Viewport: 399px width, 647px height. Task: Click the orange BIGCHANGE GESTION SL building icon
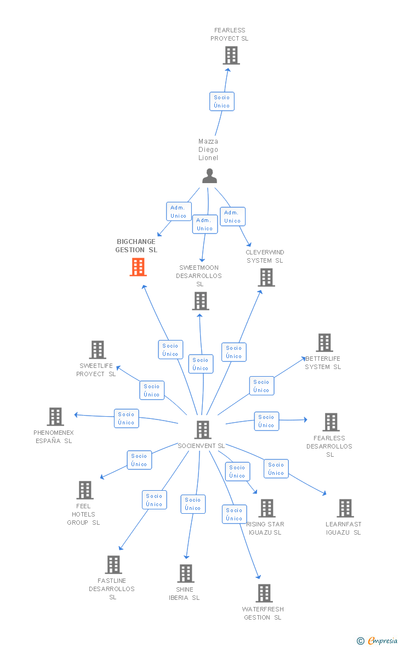click(138, 267)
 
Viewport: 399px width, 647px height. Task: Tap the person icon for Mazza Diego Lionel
click(209, 176)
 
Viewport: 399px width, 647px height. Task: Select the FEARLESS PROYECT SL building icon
click(231, 55)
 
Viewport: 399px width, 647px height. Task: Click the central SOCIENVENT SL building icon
click(203, 430)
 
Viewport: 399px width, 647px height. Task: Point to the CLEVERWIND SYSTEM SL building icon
click(266, 277)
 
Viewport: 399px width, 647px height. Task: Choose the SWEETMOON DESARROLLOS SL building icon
click(201, 301)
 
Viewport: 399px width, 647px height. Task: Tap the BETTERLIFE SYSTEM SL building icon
click(324, 343)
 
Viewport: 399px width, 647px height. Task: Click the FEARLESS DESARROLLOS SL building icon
click(331, 422)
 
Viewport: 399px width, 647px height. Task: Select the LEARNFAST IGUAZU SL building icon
click(345, 508)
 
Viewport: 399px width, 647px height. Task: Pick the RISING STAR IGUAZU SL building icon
click(267, 508)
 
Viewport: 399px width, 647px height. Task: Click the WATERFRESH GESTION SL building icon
click(264, 593)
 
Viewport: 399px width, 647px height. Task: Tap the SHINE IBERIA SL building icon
click(186, 574)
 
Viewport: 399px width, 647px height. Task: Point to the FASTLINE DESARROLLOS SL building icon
click(113, 565)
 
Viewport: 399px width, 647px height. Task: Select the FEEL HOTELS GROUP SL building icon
click(85, 490)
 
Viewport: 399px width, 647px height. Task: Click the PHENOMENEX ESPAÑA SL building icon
click(55, 417)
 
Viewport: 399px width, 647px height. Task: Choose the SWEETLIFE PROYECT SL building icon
click(98, 350)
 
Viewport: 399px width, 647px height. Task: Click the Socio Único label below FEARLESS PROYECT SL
click(222, 101)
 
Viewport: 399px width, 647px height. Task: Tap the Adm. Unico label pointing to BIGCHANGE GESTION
click(178, 212)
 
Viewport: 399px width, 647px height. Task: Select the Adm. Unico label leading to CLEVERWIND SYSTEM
click(232, 217)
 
